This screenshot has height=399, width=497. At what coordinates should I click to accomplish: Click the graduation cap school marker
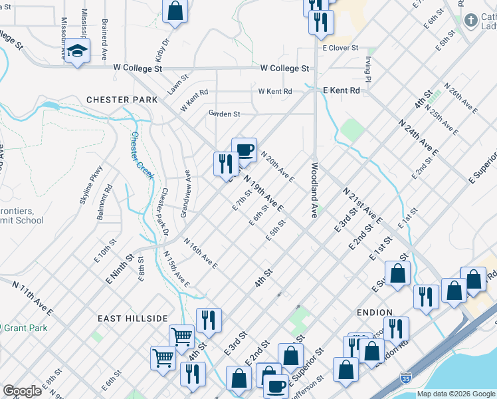(x=78, y=51)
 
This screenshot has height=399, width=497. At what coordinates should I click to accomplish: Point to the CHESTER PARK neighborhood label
(x=122, y=100)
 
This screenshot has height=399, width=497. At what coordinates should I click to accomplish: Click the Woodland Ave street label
(x=314, y=190)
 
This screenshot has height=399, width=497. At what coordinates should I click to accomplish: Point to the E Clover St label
(x=340, y=49)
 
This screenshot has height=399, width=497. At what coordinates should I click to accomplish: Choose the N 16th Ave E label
(x=201, y=254)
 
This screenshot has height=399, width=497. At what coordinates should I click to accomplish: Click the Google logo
(x=23, y=391)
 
